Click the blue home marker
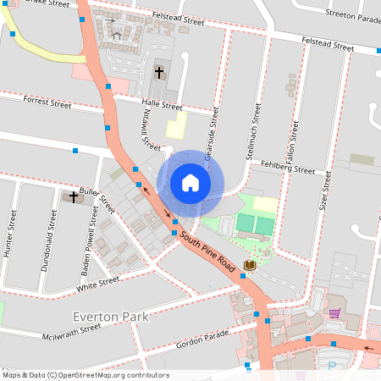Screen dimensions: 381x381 (x=190, y=183)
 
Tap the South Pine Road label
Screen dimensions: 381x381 (x=207, y=253)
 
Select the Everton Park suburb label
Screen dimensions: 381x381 (x=111, y=317)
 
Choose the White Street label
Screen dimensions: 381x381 (x=98, y=284)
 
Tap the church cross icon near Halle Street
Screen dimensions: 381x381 (x=159, y=72)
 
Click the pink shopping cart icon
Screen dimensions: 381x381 (x=334, y=313)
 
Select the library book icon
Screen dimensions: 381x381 (x=249, y=266)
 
